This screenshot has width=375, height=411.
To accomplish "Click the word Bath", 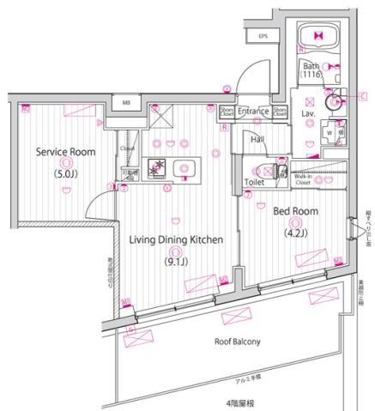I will [310, 67].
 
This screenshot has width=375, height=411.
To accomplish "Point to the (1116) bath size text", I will [311, 77].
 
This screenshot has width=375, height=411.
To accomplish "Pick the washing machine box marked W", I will [329, 134].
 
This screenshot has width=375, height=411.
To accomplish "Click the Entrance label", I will [254, 112].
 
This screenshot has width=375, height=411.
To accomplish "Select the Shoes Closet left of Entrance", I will [226, 112].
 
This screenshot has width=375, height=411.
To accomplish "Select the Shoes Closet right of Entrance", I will [280, 112].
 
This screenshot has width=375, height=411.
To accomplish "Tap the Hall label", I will [257, 139].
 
